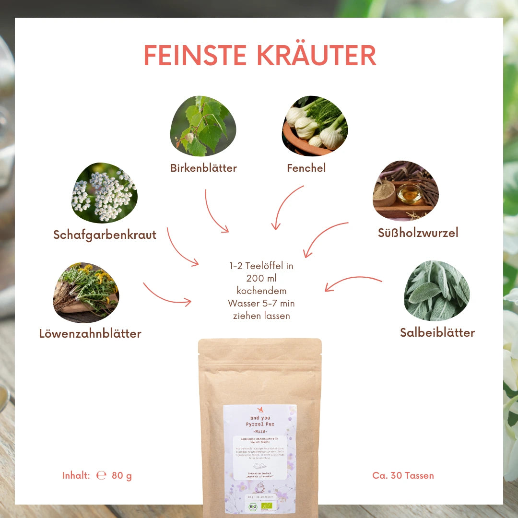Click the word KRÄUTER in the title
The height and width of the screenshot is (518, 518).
coord(317,56)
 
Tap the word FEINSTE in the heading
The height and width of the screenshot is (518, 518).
coord(197,56)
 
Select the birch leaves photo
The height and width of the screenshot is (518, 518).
coord(203,126)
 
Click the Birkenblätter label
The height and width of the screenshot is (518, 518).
coord(203,168)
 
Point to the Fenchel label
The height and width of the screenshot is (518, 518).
coord(306,168)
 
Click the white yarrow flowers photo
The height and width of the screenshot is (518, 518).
coord(105,193)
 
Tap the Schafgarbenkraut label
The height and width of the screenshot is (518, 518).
coord(105,235)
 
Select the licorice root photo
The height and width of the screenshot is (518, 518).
coord(405,190)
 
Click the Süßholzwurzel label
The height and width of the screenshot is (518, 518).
coord(418,233)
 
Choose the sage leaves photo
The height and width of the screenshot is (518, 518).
coord(436,291)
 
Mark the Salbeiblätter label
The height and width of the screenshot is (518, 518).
coord(437,333)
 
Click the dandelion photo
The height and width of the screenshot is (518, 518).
coord(86,293)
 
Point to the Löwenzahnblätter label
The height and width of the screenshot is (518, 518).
coord(90,334)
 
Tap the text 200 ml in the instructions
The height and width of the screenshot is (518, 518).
coord(261,278)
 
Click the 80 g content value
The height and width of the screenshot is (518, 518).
coord(121,476)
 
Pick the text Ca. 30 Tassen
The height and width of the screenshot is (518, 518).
coord(403,476)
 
